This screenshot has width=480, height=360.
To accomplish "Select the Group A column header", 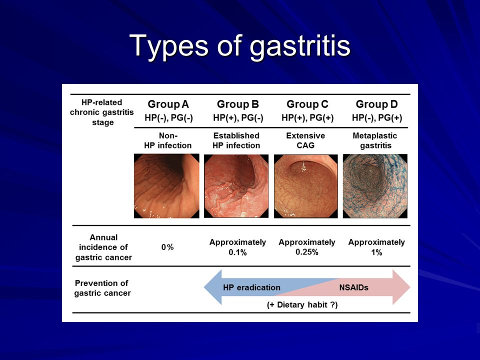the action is (x=168, y=104).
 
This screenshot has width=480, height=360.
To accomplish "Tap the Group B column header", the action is (x=238, y=104).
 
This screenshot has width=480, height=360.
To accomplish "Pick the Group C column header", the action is (x=307, y=104).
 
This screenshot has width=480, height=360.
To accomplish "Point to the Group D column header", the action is (x=377, y=104).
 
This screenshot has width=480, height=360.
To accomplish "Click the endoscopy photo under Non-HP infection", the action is (x=166, y=186).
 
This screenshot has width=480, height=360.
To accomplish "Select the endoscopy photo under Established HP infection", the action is (x=236, y=186).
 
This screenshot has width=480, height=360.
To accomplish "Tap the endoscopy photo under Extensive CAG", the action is (x=306, y=186).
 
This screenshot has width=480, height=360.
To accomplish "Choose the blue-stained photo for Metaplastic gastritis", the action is (x=375, y=186).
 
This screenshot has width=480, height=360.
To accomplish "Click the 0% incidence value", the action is (x=167, y=247).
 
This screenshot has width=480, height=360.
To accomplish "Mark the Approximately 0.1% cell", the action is (x=237, y=247).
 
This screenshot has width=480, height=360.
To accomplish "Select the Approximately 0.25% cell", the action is (x=306, y=247).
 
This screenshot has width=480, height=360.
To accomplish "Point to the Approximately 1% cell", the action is (x=376, y=247).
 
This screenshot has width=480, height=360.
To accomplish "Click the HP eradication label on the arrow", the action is (x=251, y=287).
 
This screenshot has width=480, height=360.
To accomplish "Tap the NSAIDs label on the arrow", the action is (x=353, y=287).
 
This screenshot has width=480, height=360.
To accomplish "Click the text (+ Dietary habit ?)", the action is (x=302, y=305).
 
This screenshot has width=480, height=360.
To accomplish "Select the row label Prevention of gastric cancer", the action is (x=102, y=288).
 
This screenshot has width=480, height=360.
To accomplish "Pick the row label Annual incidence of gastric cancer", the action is (x=103, y=247).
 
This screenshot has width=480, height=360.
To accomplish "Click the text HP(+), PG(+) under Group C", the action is (x=307, y=118).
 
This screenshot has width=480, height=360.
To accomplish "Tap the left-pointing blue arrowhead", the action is (x=213, y=287).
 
